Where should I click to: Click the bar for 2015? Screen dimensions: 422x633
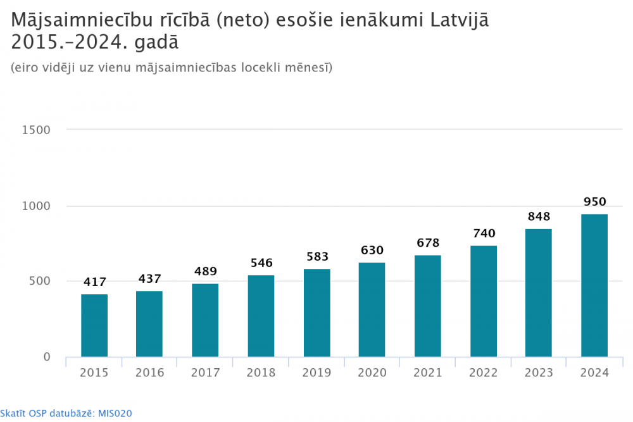coord(94,325)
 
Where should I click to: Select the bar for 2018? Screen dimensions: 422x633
coord(261,316)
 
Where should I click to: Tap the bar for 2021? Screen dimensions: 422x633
coord(428,306)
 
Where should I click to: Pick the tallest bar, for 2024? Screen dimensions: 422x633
coord(594,285)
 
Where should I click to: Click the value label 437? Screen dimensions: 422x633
coord(149,278)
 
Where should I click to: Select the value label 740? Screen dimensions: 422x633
coord(484,233)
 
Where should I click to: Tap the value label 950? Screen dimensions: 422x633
coord(594,202)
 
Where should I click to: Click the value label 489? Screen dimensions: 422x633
coord(205,271)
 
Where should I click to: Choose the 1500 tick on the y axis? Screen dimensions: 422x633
coord(37,130)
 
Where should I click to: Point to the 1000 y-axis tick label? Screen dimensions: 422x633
coord(37,206)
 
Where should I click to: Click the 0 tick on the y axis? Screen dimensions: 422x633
coord(46,357)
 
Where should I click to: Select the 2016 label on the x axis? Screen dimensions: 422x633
coord(149,373)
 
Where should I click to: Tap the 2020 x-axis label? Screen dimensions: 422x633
coord(372,373)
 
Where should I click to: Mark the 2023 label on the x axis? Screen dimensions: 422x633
coord(539,373)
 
